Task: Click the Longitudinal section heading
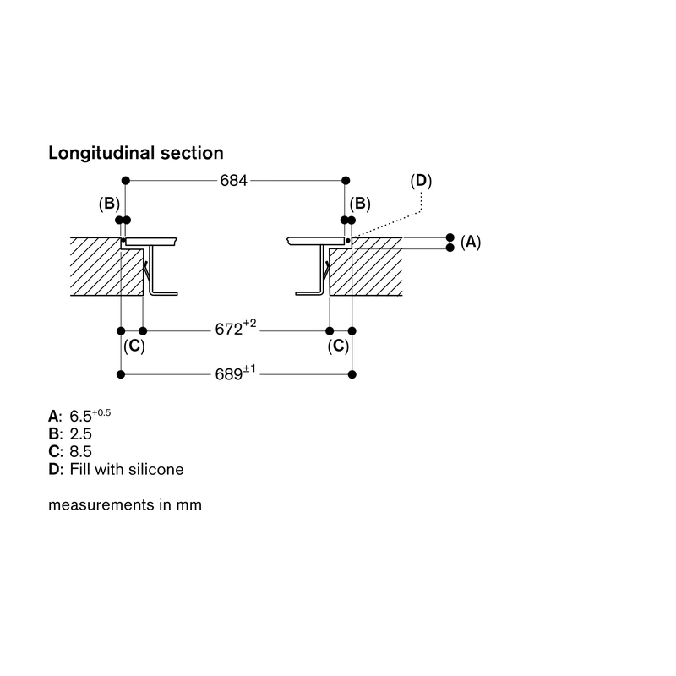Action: (x=136, y=153)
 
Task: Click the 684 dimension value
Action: (x=234, y=181)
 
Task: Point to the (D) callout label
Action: (x=421, y=181)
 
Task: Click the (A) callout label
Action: (x=471, y=242)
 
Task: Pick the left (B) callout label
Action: (x=109, y=204)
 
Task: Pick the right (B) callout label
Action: (x=360, y=204)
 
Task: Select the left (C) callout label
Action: (x=134, y=346)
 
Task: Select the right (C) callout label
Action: (x=338, y=346)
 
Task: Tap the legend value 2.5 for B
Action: (x=80, y=433)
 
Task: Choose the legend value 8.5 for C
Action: (x=80, y=451)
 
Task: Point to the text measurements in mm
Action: (x=125, y=504)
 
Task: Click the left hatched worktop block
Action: (x=103, y=267)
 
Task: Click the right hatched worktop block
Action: (x=367, y=267)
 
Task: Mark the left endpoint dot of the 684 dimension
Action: (x=125, y=181)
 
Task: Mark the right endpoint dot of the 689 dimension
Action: (x=352, y=374)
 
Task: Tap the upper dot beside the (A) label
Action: (x=450, y=237)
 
